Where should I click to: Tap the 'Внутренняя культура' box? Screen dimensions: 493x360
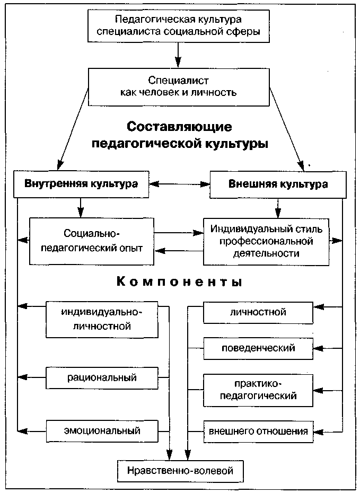pyautogui.click(x=81, y=184)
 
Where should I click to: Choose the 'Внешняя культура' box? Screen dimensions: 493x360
pyautogui.click(x=277, y=184)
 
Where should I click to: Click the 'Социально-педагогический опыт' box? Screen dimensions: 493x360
pyautogui.click(x=92, y=241)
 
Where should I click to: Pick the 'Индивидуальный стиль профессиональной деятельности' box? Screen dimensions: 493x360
pyautogui.click(x=266, y=241)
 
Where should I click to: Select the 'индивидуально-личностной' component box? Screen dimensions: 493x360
pyautogui.click(x=102, y=319)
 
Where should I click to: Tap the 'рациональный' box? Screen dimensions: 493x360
pyautogui.click(x=102, y=377)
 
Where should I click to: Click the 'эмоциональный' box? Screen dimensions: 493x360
pyautogui.click(x=102, y=430)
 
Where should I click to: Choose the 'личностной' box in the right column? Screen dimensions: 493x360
pyautogui.click(x=258, y=312)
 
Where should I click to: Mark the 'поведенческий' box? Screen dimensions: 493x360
pyautogui.click(x=258, y=348)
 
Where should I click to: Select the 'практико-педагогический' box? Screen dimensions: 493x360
pyautogui.click(x=258, y=389)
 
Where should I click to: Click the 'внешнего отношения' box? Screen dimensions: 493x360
pyautogui.click(x=258, y=430)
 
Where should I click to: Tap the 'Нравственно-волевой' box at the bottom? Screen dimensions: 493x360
pyautogui.click(x=180, y=470)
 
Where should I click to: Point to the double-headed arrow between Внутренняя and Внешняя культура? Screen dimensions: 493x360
pyautogui.click(x=180, y=184)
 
